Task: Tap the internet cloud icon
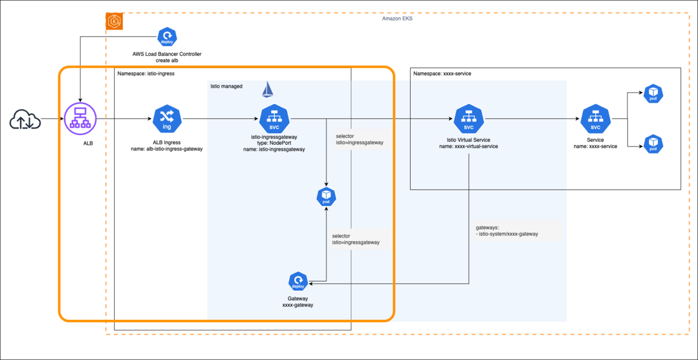click(25, 120)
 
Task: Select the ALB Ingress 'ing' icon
click(166, 119)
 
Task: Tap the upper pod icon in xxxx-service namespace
click(653, 94)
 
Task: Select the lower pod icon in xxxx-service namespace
click(653, 142)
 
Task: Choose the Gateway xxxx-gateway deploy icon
click(297, 281)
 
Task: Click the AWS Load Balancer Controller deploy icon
click(167, 37)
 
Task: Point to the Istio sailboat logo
click(268, 90)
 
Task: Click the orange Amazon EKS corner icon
click(113, 22)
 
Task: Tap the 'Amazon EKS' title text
click(397, 19)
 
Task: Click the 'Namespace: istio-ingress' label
click(146, 74)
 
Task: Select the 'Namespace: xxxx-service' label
click(442, 74)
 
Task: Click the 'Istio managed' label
click(226, 86)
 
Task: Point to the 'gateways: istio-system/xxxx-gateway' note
click(507, 231)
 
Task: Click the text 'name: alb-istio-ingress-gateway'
click(166, 149)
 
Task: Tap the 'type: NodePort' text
click(273, 143)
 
